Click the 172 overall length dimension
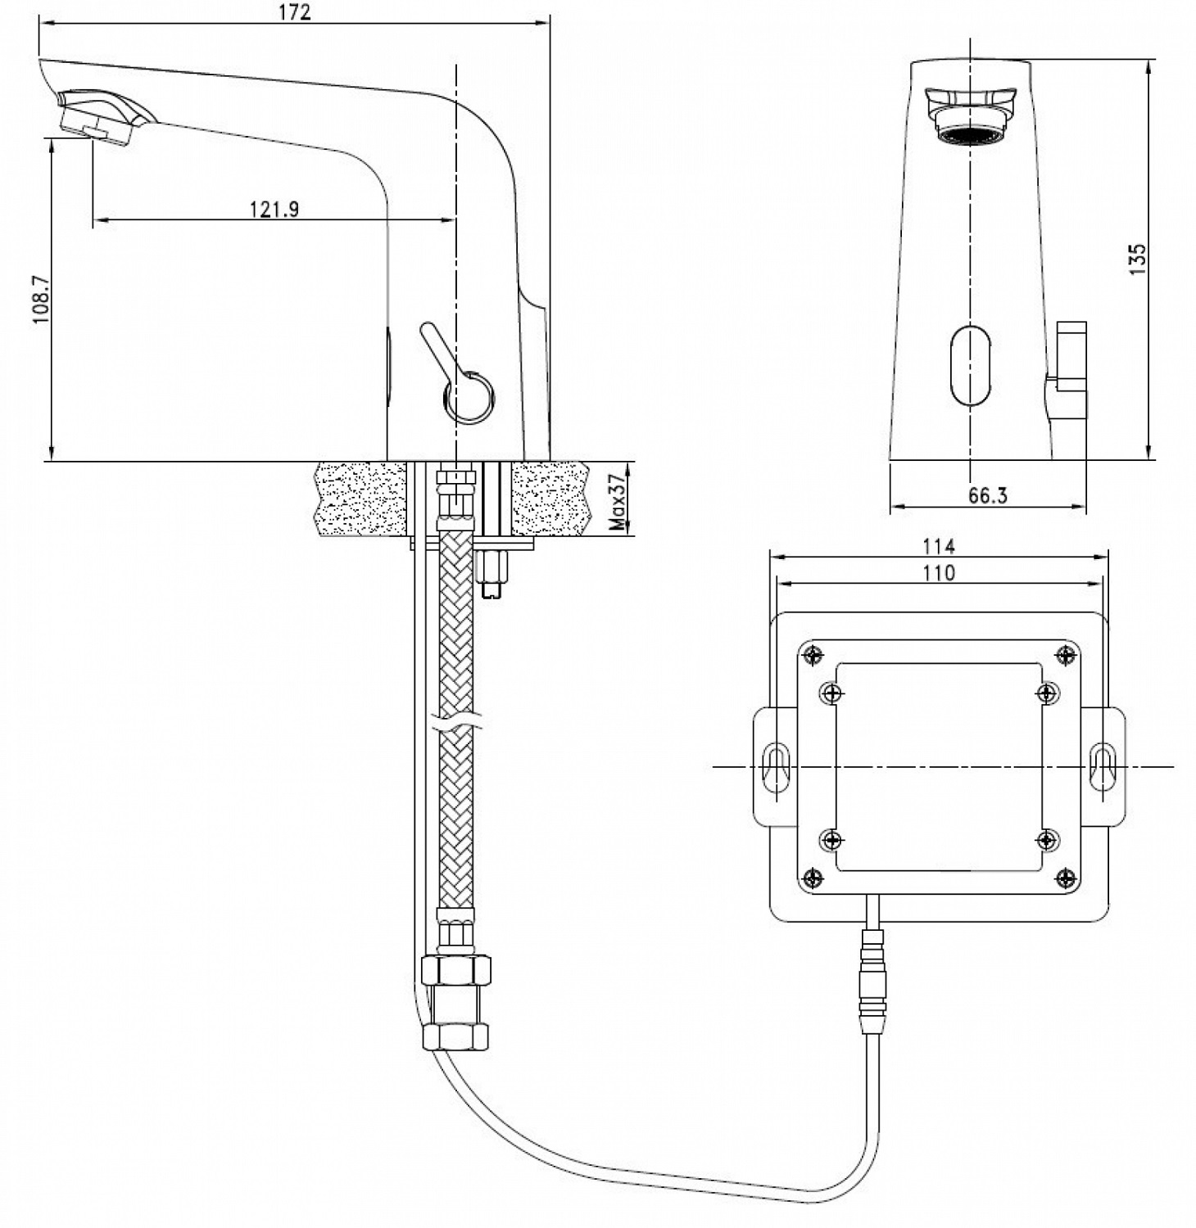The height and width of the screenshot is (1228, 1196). (x=295, y=12)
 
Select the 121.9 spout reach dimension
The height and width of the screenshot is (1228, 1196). (x=274, y=210)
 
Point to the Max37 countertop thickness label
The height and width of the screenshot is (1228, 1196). (x=618, y=501)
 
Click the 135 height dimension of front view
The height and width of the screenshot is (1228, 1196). (x=1138, y=259)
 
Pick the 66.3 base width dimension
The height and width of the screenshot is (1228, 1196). (x=988, y=496)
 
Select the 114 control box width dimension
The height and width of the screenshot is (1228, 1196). (x=939, y=546)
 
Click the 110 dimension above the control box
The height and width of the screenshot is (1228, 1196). (x=939, y=573)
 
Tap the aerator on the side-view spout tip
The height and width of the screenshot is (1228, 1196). (x=97, y=129)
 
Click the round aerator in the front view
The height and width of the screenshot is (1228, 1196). (x=970, y=133)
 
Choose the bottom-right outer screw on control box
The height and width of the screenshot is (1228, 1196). (x=1065, y=878)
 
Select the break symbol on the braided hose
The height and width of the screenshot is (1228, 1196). (x=457, y=725)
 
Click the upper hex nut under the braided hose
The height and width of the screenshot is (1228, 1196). (x=456, y=972)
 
